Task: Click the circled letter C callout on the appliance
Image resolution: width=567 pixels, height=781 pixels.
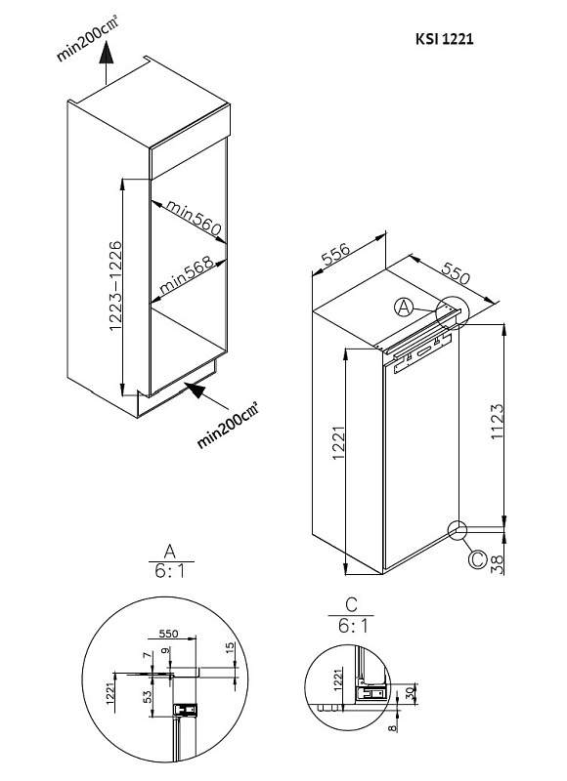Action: click(476, 559)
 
